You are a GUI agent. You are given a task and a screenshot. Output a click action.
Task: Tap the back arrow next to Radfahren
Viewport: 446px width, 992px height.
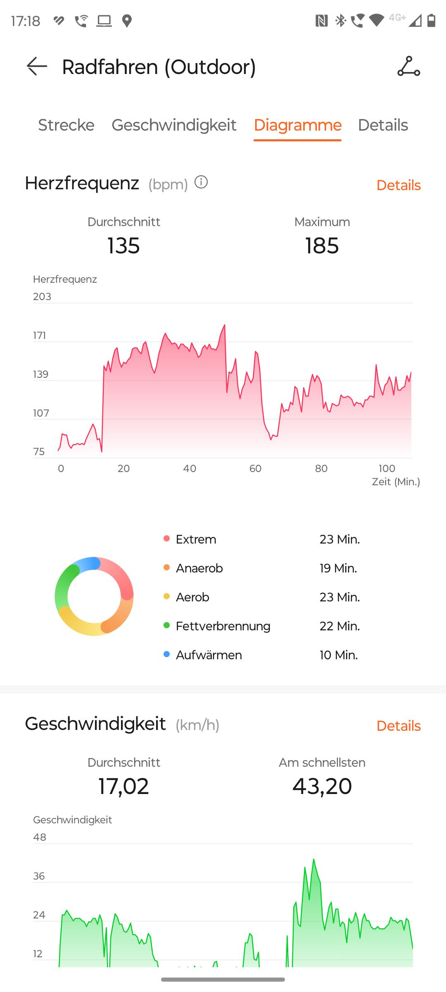click(x=37, y=66)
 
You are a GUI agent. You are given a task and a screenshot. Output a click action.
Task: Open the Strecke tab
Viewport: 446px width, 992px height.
click(x=66, y=125)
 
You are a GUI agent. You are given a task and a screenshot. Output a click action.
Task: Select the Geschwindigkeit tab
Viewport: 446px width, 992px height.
click(x=174, y=125)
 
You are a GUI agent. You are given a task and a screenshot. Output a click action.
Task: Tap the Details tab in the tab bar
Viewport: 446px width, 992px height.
click(x=383, y=125)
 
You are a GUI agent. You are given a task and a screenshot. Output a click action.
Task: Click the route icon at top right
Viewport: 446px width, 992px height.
click(x=408, y=66)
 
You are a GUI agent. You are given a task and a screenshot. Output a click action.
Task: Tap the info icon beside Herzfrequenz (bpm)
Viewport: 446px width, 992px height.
click(x=201, y=182)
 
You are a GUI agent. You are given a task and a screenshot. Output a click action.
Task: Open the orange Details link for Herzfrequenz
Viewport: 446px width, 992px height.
click(x=398, y=185)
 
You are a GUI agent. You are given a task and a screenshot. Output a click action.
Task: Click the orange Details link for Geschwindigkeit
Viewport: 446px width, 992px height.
click(x=398, y=726)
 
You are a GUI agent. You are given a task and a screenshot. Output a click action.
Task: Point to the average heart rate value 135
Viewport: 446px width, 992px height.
click(x=123, y=246)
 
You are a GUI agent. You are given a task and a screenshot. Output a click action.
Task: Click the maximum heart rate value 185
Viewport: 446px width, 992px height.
click(x=322, y=246)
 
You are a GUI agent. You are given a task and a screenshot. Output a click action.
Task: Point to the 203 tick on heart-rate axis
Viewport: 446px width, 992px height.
click(x=42, y=296)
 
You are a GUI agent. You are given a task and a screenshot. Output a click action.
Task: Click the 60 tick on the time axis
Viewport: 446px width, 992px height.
click(x=255, y=468)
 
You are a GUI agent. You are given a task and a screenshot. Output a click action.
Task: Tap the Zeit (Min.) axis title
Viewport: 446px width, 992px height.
click(x=396, y=482)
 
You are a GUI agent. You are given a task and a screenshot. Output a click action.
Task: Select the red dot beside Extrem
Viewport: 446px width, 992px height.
click(x=166, y=539)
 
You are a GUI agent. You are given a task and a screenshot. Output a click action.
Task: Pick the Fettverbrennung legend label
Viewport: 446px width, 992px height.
click(x=223, y=626)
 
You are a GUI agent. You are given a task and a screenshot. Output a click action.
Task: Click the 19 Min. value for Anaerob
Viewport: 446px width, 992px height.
click(x=338, y=568)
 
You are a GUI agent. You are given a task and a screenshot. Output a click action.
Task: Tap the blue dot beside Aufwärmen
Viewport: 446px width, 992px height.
click(x=166, y=654)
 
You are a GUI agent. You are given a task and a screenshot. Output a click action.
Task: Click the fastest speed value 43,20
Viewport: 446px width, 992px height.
click(x=322, y=786)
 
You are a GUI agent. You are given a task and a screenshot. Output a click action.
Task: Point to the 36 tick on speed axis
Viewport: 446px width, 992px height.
click(x=39, y=876)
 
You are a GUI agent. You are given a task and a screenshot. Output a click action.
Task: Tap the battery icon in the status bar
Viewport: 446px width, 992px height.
click(x=431, y=20)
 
